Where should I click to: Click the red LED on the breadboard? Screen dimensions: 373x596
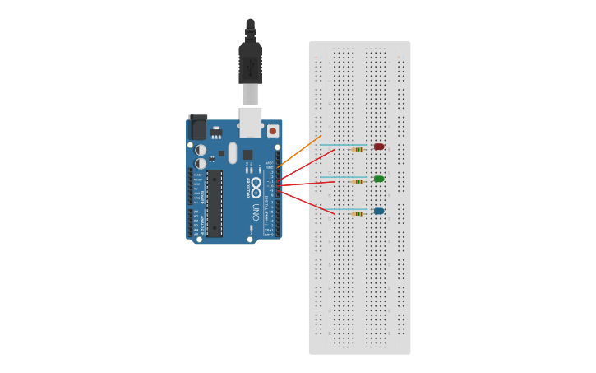click(x=379, y=147)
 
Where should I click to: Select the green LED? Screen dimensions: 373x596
click(x=379, y=179)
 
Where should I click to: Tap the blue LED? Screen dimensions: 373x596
click(x=379, y=211)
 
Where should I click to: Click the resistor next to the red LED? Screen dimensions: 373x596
click(x=358, y=150)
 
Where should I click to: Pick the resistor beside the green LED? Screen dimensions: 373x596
click(x=358, y=181)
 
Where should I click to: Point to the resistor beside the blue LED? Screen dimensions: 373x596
click(x=358, y=214)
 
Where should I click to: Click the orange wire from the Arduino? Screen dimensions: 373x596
click(x=300, y=152)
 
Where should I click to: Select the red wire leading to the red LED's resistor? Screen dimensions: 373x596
click(x=308, y=163)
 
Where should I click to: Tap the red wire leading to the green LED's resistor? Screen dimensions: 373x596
click(x=308, y=184)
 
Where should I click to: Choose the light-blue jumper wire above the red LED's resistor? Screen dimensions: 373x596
click(x=345, y=144)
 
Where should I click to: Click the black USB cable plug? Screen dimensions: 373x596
click(x=250, y=62)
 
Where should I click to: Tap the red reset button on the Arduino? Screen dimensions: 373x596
click(x=273, y=131)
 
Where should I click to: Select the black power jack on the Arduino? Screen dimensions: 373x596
click(x=197, y=127)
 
